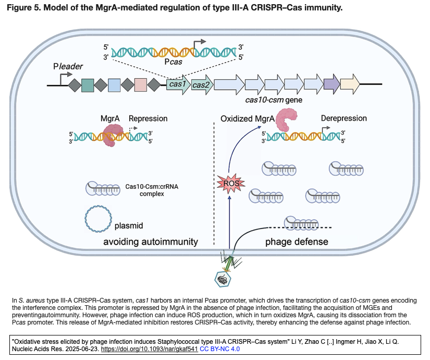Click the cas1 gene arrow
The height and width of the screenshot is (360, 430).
click(178, 85)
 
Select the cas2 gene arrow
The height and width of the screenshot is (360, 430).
click(201, 85)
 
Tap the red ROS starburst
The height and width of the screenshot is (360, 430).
click(228, 183)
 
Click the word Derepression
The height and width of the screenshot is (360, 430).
click(343, 118)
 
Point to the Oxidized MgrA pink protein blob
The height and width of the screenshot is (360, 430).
click(287, 120)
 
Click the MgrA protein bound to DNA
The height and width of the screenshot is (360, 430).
click(112, 135)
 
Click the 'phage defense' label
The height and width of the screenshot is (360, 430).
click(297, 242)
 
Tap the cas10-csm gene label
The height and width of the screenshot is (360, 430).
click(274, 99)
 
